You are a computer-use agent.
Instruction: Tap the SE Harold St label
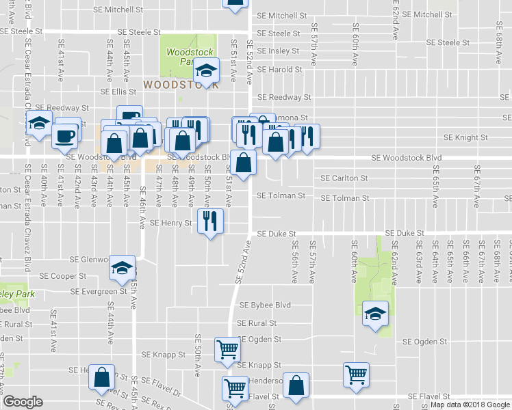[x=279, y=70]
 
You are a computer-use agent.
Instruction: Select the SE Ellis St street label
[x=119, y=92]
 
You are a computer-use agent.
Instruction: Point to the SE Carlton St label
[x=345, y=178]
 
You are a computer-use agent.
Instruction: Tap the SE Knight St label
[x=465, y=137]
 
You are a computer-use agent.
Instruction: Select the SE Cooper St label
[x=62, y=277]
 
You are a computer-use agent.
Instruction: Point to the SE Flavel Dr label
[x=166, y=393]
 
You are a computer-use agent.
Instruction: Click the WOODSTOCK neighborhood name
[x=181, y=85]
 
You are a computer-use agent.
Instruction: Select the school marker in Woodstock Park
[x=206, y=70]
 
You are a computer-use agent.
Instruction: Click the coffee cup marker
[x=66, y=135]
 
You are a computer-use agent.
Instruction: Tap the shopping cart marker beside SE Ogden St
[x=227, y=349]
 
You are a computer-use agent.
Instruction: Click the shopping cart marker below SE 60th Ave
[x=356, y=374]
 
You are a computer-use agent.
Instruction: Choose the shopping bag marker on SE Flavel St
[x=296, y=385]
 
